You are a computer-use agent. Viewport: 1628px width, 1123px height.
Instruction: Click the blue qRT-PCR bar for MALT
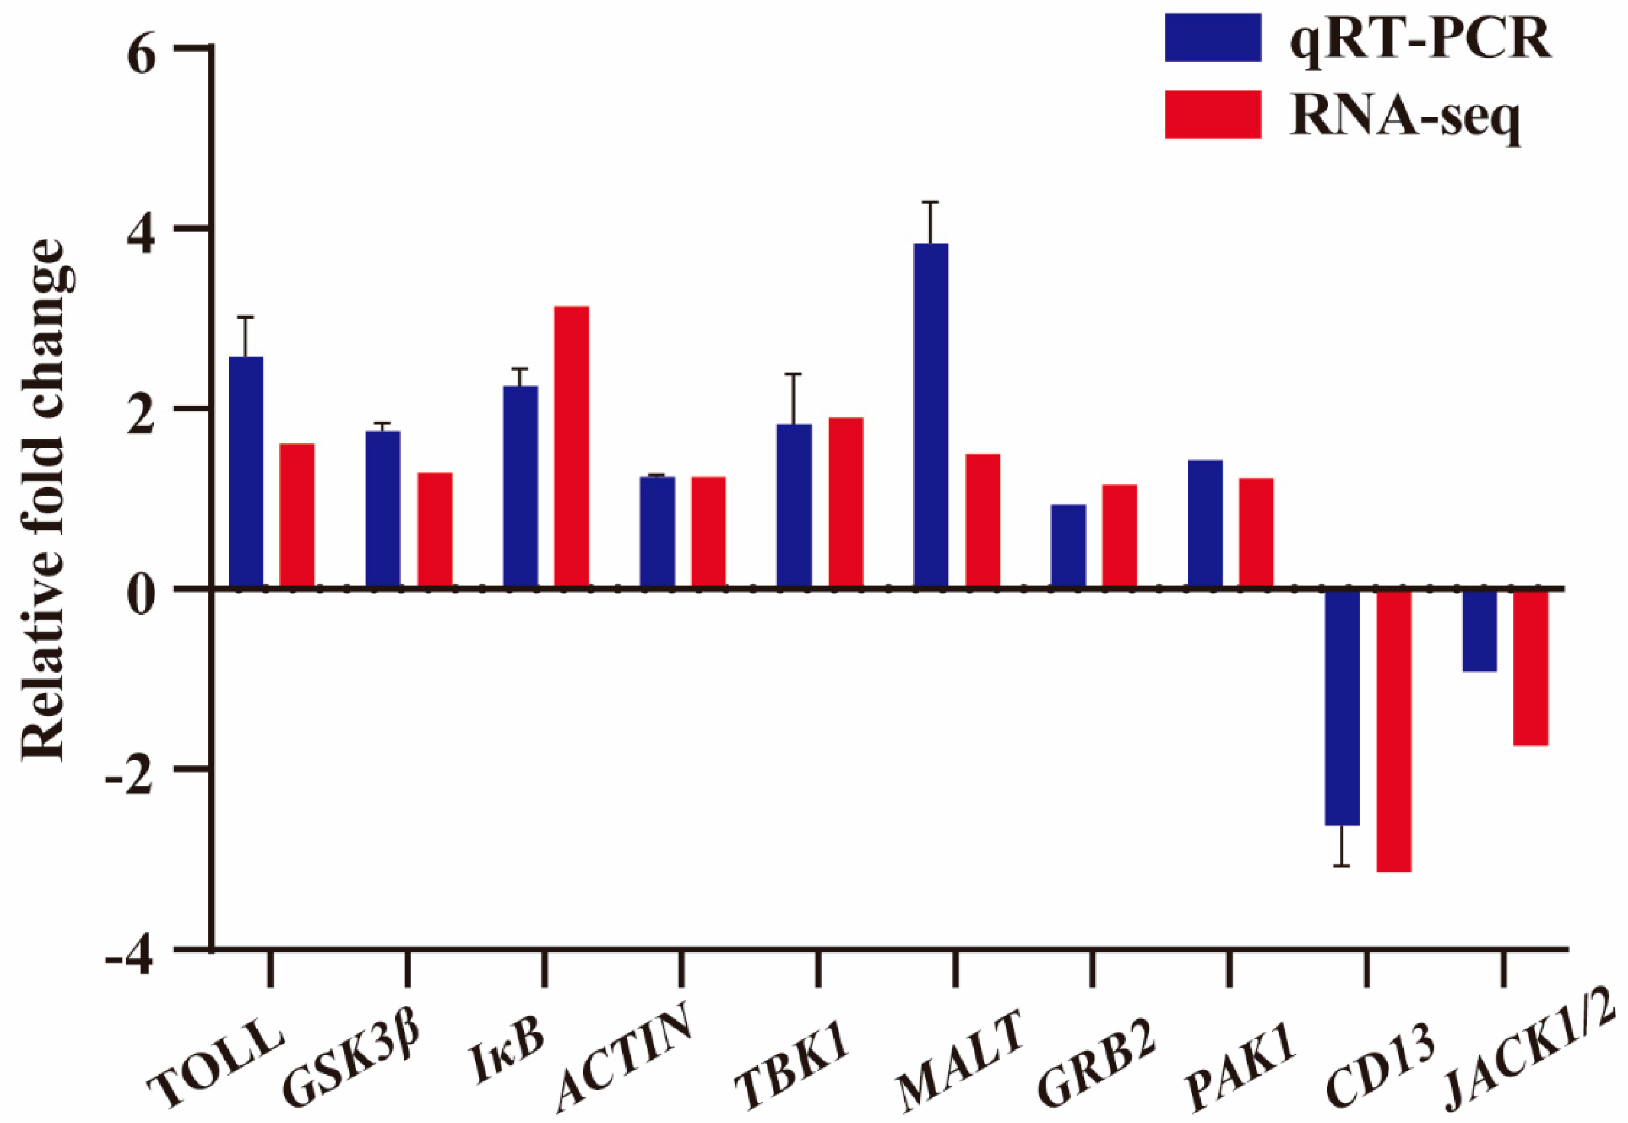click(x=930, y=415)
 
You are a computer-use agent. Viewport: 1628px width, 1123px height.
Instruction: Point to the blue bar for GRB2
click(x=1068, y=545)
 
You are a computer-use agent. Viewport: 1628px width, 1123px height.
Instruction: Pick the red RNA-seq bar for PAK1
click(x=1256, y=532)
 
